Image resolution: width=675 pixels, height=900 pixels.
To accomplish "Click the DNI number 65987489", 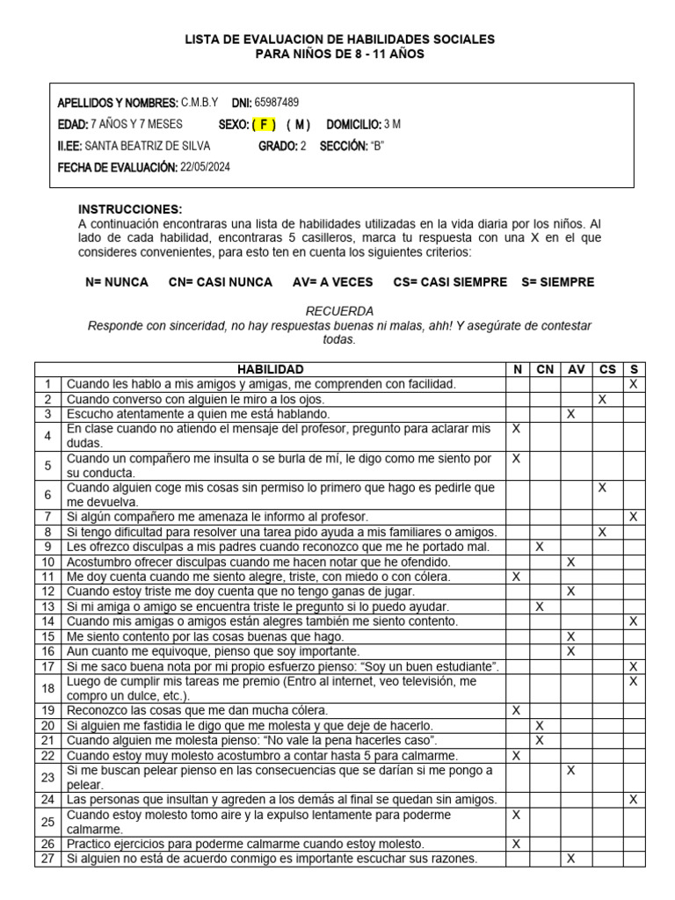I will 276,102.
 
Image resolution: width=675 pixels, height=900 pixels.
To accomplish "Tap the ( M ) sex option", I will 298,124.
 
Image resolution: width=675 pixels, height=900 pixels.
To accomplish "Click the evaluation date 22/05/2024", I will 205,167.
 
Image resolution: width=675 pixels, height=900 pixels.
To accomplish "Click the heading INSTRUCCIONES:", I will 130,209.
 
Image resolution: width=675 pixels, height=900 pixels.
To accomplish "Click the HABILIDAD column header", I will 271,369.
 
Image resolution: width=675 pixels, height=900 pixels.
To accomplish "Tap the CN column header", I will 544,369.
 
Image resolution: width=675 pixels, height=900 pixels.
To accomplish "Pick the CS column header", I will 607,369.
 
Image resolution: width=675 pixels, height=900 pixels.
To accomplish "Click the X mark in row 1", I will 633,384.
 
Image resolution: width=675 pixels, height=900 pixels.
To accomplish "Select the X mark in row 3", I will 571,413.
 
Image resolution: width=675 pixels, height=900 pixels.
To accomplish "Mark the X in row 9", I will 540,547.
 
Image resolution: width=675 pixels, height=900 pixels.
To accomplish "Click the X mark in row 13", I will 540,606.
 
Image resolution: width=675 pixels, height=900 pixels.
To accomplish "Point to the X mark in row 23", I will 571,771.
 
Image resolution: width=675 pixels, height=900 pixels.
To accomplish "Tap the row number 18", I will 47,688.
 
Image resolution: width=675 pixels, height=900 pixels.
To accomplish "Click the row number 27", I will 47,859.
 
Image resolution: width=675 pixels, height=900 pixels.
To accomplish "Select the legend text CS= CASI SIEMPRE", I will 451,282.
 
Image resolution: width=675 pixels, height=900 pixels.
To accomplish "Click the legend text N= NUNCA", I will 117,282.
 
